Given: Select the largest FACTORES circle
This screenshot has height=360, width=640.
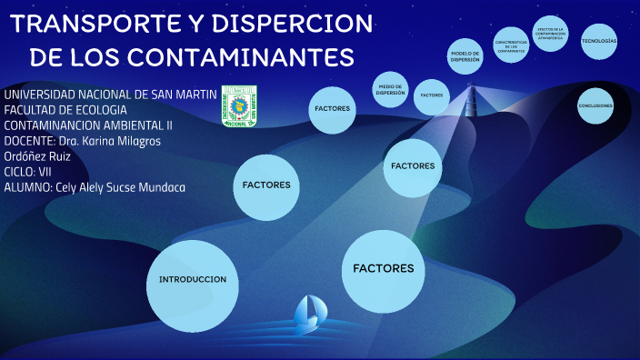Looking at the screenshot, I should click(383, 269).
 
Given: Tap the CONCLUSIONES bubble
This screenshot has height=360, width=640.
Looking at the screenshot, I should click(595, 106).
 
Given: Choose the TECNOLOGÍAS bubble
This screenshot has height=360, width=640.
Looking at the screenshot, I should click(599, 42).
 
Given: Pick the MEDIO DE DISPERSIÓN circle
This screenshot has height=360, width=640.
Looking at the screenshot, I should click(390, 90).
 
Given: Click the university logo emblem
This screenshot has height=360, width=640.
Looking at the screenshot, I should click(239, 106).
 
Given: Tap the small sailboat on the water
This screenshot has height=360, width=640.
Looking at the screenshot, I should click(309, 313).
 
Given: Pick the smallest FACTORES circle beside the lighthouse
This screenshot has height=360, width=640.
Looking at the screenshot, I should click(432, 95).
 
